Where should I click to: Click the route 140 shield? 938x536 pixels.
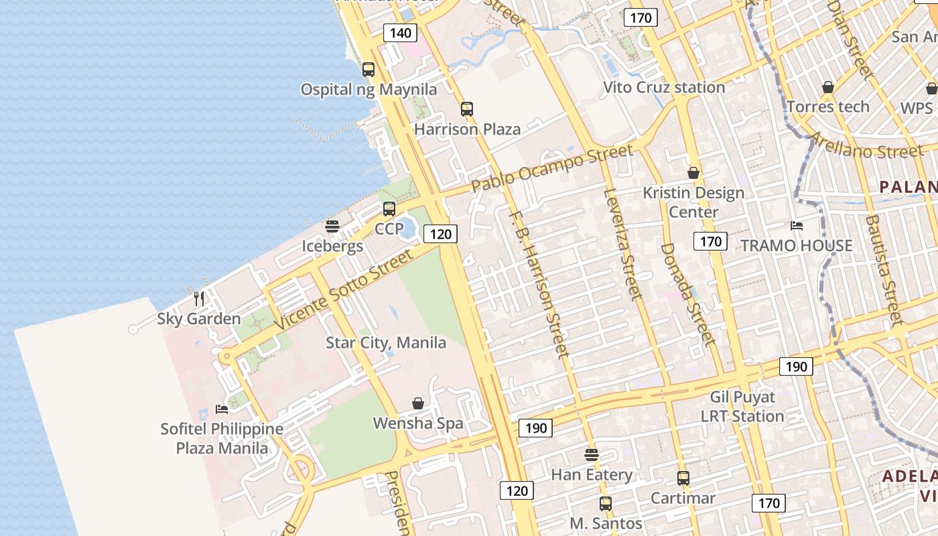400,33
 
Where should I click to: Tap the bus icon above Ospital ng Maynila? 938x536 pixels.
368,69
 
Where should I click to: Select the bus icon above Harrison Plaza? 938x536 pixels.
467,109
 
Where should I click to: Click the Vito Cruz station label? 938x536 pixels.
664,87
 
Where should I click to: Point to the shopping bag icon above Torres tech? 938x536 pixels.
828,87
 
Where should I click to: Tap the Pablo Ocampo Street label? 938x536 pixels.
551,167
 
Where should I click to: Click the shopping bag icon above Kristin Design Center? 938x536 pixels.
693,173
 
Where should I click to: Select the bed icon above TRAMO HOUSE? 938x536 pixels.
797,226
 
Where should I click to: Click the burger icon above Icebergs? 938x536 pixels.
332,226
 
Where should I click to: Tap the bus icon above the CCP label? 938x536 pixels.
389,208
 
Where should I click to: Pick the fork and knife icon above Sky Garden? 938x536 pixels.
199,298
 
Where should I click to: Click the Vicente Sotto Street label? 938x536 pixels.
344,289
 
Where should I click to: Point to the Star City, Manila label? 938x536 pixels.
386,343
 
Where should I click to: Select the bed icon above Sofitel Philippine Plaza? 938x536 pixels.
222,409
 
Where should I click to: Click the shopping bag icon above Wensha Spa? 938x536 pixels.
418,403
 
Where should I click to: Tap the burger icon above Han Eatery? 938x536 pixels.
591,455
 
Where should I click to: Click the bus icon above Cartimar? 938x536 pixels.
683,478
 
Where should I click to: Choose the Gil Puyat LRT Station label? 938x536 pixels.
742,407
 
